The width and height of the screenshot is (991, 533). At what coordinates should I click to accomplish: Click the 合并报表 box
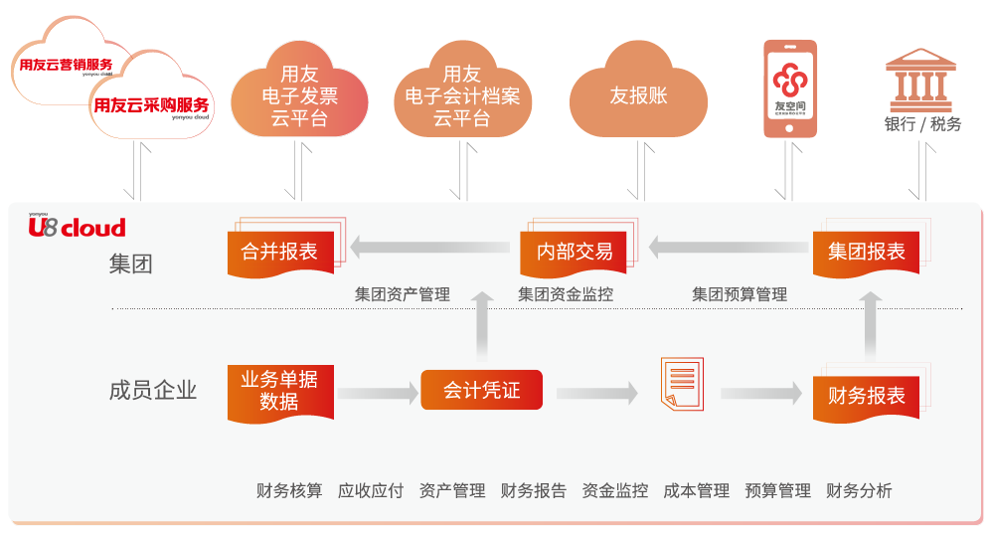coord(279,251)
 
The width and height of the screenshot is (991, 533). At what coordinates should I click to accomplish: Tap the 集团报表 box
coord(867,251)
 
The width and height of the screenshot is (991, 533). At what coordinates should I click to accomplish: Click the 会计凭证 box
coord(481,390)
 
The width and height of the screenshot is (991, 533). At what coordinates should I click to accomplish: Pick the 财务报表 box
coord(867,395)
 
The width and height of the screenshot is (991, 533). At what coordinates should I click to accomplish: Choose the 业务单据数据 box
coord(279,390)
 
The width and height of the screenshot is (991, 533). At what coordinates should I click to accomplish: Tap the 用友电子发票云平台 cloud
coord(299,97)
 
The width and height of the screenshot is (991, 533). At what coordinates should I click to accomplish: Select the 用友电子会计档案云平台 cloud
coord(462,97)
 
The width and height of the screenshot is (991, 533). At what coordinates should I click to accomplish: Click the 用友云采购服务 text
coord(151,104)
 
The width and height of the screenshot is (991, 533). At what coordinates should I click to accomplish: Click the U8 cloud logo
coord(77,227)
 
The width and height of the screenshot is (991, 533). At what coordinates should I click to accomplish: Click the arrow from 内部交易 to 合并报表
coord(431,248)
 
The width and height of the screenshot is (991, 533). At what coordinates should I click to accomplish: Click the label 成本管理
coord(696,490)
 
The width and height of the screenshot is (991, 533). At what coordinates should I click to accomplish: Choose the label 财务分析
coord(859,490)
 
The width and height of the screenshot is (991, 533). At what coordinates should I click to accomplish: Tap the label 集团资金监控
coord(566,294)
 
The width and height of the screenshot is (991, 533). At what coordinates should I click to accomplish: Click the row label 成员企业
coord(153,390)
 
